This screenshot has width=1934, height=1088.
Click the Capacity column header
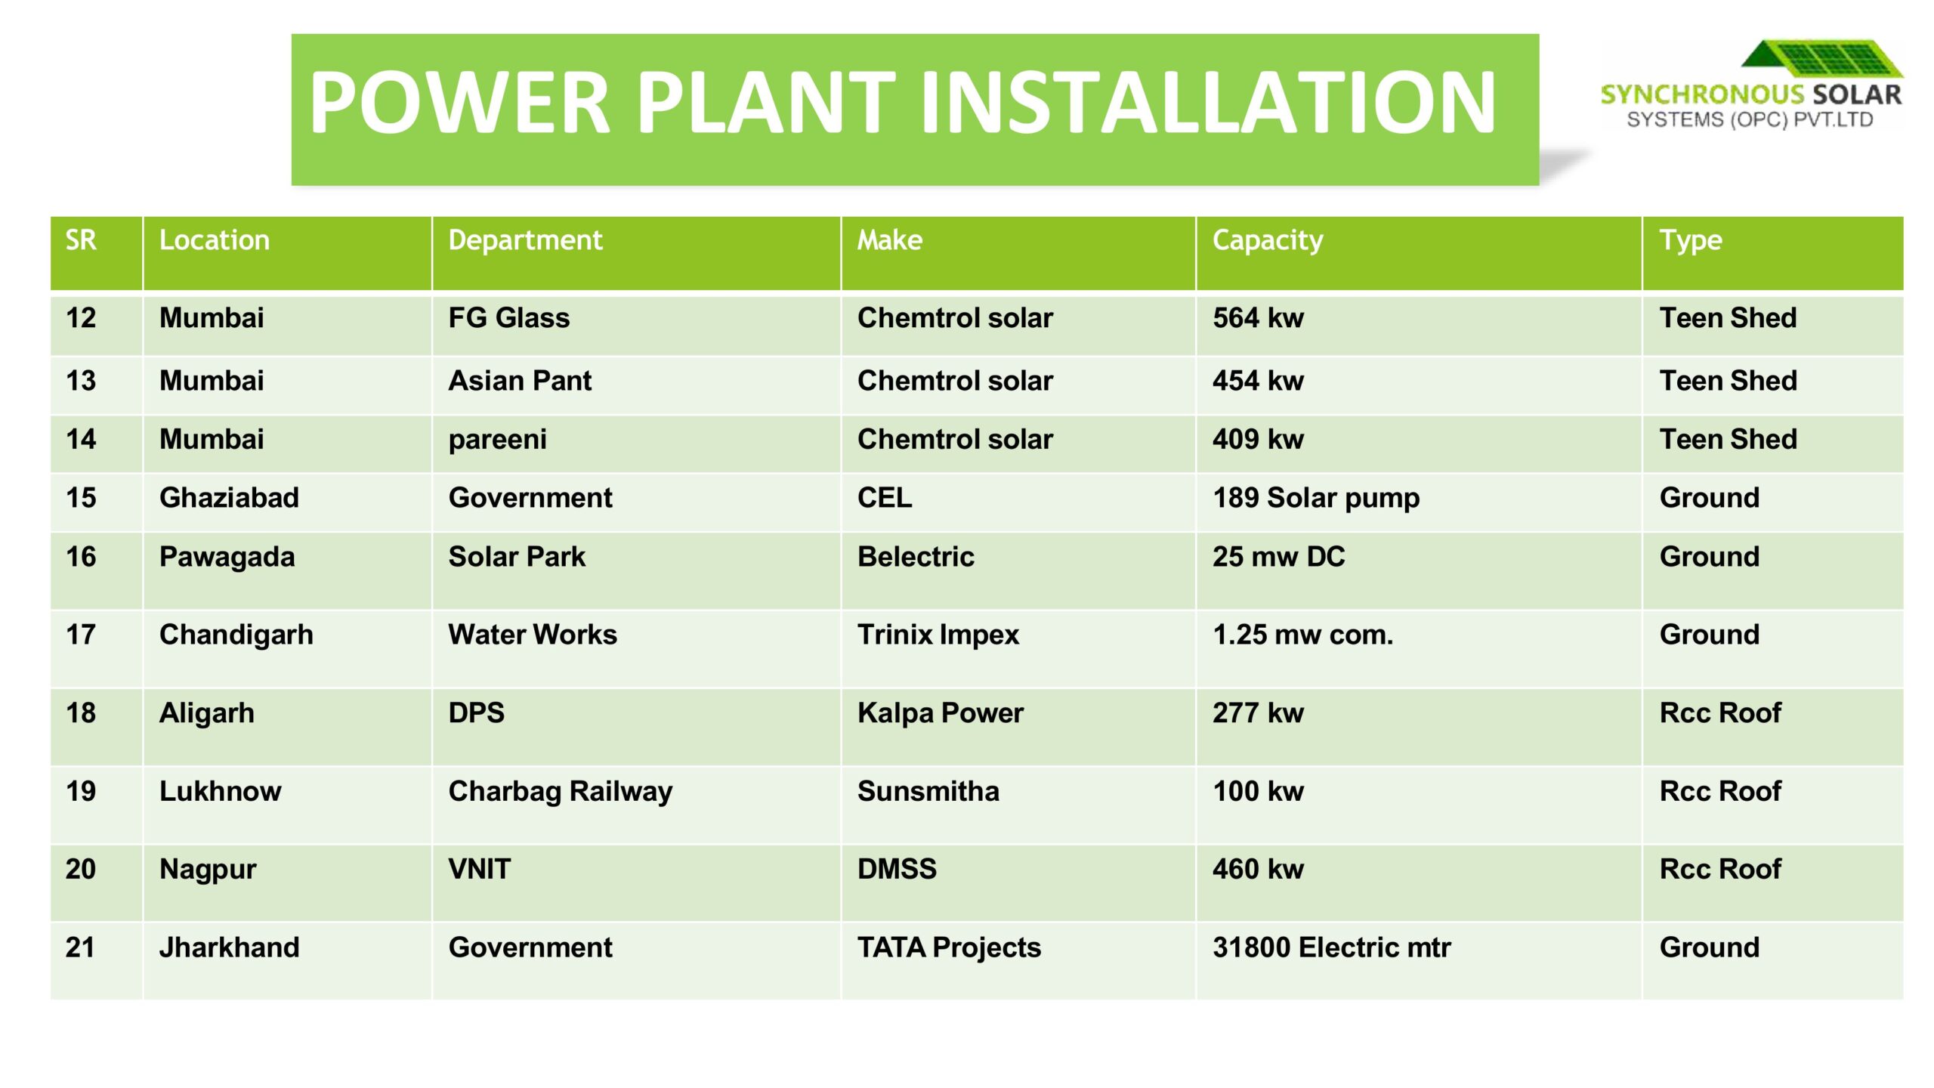1268,241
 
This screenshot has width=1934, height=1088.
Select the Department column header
525,241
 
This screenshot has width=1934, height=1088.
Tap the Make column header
889,240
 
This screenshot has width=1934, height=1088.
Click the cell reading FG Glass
509,318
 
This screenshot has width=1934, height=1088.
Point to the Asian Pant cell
520,381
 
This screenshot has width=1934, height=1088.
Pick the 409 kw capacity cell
1258,439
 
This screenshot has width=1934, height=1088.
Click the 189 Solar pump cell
1316,499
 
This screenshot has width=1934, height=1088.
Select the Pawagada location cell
227,558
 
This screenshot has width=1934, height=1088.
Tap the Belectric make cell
916,557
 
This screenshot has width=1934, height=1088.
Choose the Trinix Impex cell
938,635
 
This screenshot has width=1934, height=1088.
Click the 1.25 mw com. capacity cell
1302,635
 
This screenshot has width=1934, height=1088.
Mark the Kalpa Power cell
940,713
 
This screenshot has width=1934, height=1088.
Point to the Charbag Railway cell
560,792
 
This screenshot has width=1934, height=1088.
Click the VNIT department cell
479,870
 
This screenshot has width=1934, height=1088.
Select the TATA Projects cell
949,948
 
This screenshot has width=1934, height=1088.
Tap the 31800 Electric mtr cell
1332,947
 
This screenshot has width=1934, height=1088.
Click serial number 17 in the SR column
81,635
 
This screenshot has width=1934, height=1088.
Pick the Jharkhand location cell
229,947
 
